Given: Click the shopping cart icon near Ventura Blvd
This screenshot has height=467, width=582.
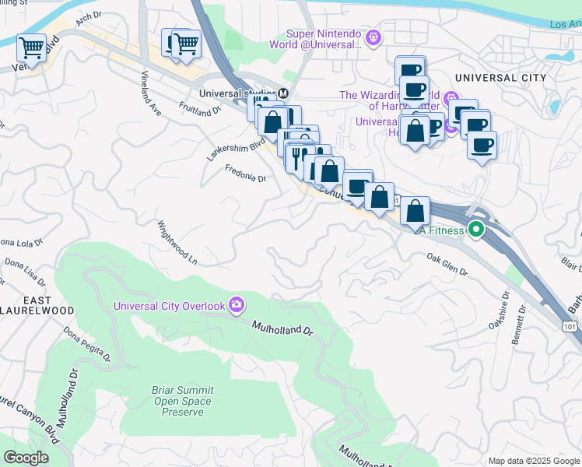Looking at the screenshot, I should (x=30, y=47).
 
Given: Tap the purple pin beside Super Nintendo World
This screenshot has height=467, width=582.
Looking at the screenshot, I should (x=374, y=36).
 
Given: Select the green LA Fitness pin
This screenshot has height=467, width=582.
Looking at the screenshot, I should (x=475, y=230).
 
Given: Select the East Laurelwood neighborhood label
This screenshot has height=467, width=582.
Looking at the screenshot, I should (x=37, y=305).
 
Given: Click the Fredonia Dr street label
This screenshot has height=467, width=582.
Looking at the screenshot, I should (x=245, y=174).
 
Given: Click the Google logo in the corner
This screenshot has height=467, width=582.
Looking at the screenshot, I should (x=26, y=458).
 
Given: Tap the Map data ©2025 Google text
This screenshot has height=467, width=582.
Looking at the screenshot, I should (x=534, y=461).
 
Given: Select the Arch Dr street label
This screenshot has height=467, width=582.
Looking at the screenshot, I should (x=89, y=15).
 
